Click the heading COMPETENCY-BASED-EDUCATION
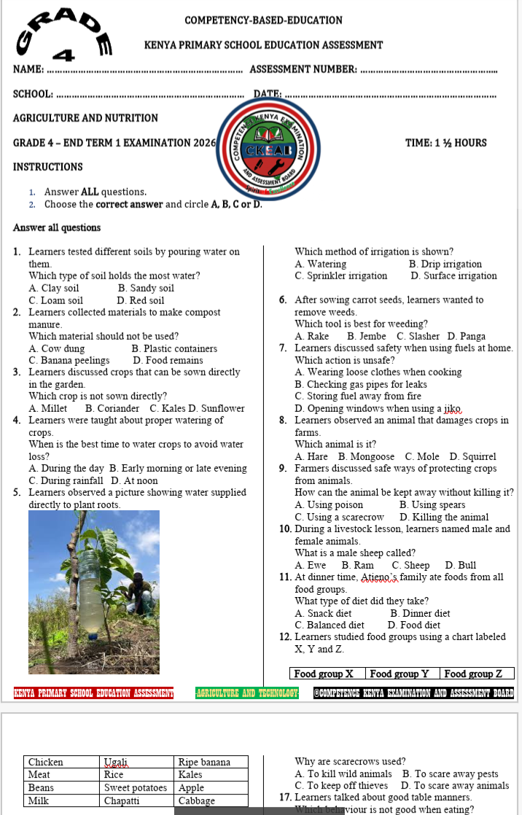point(263,20)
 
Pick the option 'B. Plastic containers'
point(174,348)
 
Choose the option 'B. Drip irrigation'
point(445,264)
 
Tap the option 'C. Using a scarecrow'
point(339,517)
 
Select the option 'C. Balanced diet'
point(330,625)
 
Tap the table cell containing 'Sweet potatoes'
point(136,788)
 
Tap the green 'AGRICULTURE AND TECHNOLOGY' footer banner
point(247,693)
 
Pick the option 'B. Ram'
point(357,565)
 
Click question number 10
point(286,529)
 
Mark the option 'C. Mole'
point(422,456)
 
